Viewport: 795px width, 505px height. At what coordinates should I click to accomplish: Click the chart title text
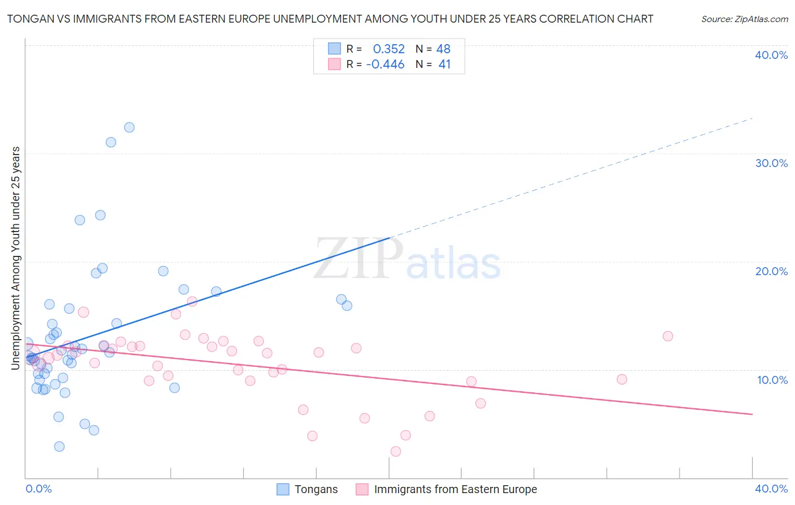click(330, 19)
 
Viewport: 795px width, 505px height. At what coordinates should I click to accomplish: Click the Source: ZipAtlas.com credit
click(744, 19)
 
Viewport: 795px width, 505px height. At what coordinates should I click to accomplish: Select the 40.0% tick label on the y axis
click(771, 55)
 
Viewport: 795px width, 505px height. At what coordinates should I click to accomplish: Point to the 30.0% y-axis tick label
click(771, 163)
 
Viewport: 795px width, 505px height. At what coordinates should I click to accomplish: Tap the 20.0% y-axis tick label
click(771, 271)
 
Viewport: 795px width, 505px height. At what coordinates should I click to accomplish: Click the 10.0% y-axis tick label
click(772, 380)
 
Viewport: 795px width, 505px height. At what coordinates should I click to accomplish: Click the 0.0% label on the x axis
click(38, 489)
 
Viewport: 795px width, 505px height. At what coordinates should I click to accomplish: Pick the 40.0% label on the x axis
click(771, 489)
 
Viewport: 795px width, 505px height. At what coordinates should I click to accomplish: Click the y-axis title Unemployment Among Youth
click(15, 258)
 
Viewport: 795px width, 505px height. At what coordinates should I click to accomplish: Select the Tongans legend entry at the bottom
click(316, 489)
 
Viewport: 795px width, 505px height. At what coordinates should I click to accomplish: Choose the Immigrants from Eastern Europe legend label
click(455, 489)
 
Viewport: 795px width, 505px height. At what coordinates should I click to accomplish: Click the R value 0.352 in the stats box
click(388, 49)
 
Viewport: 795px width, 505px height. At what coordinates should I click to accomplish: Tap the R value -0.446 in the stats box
click(385, 65)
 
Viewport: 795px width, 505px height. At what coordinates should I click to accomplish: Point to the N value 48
click(443, 49)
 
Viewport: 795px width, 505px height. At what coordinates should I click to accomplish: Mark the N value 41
click(444, 65)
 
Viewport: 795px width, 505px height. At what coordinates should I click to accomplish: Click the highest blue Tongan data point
click(129, 127)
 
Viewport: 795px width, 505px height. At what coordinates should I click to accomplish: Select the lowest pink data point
click(396, 451)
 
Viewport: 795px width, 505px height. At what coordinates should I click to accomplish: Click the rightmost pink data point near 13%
click(668, 336)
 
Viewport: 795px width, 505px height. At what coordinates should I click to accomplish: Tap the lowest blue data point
click(59, 447)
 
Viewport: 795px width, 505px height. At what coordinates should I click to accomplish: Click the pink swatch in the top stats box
click(335, 64)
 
